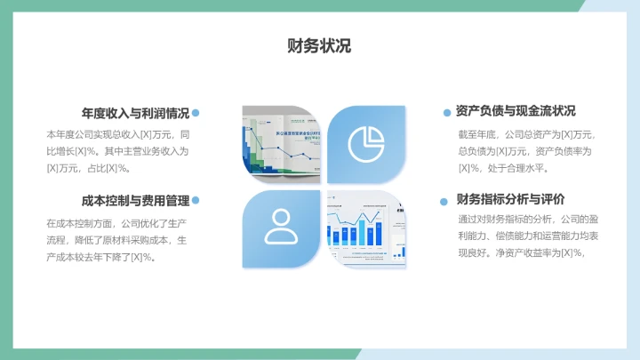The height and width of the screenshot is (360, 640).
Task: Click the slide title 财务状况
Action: [x=319, y=46]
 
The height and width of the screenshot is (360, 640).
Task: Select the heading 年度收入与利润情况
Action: [x=135, y=113]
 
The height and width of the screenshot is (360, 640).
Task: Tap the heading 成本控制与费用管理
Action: [x=135, y=201]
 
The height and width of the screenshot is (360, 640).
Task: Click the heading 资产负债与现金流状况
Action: [x=516, y=111]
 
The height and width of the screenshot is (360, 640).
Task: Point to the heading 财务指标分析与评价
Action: [x=510, y=199]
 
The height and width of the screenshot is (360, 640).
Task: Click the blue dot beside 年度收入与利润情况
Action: [x=196, y=113]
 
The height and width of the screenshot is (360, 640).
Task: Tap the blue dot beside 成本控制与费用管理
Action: [x=196, y=201]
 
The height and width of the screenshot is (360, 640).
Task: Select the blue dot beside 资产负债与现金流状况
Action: [x=447, y=113]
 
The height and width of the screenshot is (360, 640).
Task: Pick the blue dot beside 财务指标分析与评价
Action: [x=447, y=201]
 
